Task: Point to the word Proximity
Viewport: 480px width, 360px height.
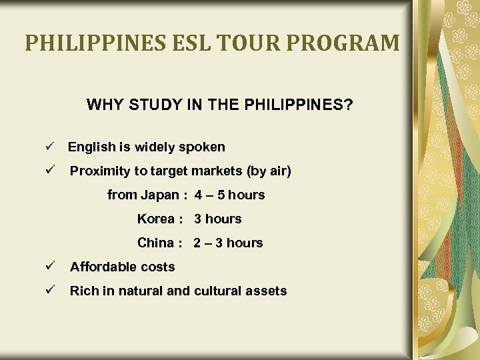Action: [x=100, y=171]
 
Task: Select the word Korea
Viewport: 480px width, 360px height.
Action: [x=155, y=219]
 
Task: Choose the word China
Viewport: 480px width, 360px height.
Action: [x=155, y=243]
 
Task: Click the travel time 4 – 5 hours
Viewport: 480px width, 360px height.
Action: [x=230, y=195]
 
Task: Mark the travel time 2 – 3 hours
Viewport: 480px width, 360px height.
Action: [x=229, y=243]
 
